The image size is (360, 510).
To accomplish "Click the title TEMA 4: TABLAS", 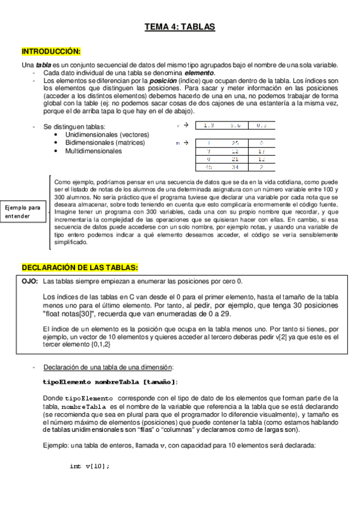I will tap(180, 27).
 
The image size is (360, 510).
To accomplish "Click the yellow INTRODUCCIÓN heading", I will tap(51, 52).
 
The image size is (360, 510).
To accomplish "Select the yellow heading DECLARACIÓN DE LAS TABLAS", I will tap(80, 267).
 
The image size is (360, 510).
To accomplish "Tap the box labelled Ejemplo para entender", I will tap(22, 212).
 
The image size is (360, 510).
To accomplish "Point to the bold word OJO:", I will tap(30, 281).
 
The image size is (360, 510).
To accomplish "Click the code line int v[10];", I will tap(90, 466).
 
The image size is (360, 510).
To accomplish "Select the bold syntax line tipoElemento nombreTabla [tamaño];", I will tap(110, 382).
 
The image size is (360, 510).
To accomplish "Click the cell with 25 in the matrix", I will tap(235, 143).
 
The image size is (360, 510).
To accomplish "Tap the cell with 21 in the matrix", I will tap(235, 159).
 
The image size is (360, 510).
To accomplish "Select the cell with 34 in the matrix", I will tap(235, 168).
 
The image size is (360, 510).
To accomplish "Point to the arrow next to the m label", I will tap(186, 143).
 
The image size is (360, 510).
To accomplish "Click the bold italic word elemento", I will tap(198, 73).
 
